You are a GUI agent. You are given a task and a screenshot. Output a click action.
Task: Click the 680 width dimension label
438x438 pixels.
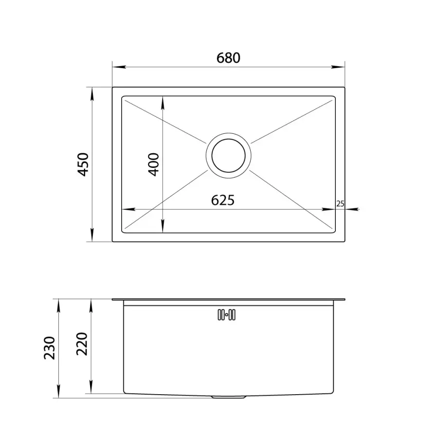[x=228, y=58]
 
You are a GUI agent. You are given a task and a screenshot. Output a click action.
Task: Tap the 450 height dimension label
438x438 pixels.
[x=83, y=164]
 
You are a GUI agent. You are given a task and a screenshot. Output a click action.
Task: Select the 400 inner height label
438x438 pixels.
[x=153, y=164]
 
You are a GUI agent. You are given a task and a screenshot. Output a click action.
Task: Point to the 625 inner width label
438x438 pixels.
[x=222, y=200]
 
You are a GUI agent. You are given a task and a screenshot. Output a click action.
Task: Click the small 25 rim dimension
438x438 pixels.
[x=340, y=204]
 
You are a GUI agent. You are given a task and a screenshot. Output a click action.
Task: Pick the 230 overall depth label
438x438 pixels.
[x=50, y=348]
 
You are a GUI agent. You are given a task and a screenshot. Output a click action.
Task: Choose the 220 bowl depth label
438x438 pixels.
[x=82, y=344]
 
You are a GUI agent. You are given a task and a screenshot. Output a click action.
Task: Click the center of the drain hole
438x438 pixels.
[x=229, y=155]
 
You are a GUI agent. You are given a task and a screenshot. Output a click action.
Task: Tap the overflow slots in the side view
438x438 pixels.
[x=226, y=315]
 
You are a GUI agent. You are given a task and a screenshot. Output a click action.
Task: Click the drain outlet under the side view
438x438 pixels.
[x=229, y=397]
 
